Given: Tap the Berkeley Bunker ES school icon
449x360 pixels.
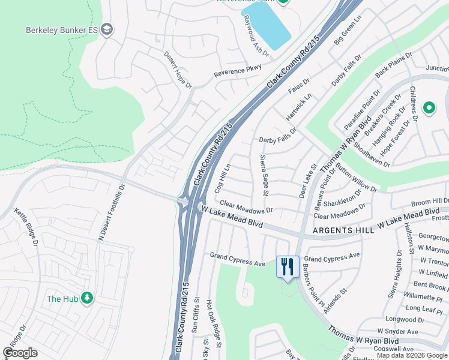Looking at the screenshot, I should coord(107,30).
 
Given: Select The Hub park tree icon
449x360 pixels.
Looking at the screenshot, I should coord(87,298).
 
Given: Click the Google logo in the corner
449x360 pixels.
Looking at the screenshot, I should coord(20,353).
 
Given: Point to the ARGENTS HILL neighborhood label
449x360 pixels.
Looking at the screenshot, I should coord(338,230).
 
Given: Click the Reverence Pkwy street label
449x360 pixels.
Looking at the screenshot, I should coord(238,71).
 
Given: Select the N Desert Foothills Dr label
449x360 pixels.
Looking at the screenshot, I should coord(110,212).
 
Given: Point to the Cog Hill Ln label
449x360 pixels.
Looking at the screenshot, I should coord(223,178).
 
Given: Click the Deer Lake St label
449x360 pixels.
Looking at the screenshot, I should coord(307,182).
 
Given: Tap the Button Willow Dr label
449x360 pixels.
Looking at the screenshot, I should coord(356,177).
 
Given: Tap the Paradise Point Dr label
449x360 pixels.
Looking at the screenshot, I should coord(362,111).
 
